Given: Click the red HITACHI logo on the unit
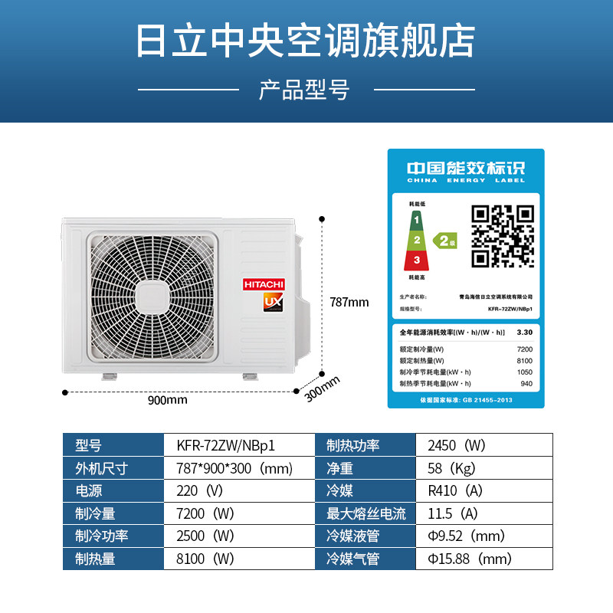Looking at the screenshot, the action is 264,284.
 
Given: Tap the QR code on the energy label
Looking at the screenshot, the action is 503,235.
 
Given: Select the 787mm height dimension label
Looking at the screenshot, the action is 349,302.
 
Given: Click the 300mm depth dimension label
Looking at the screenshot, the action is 322,388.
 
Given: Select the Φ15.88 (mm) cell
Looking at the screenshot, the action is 469,559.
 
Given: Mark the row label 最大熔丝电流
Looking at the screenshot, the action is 366,513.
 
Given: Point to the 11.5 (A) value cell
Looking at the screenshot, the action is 452,513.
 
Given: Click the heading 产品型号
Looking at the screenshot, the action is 305,90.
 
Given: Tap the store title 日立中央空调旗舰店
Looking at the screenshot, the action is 306,38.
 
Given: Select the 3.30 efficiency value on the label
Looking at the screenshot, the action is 525,332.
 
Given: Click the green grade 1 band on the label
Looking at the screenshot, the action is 416,221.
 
